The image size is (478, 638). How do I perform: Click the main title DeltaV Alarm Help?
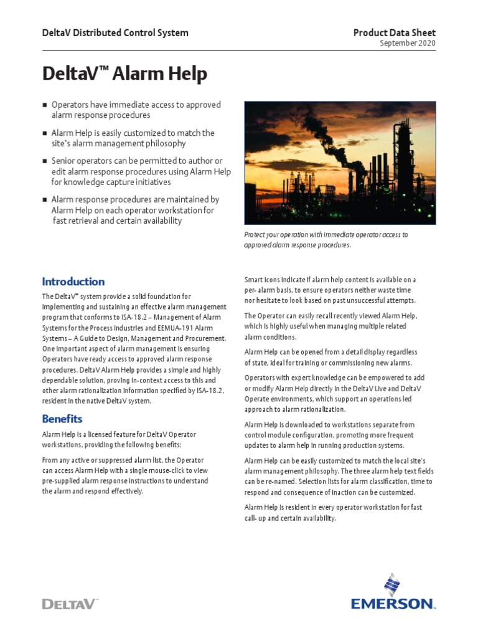124,74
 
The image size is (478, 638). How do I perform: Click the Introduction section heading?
73,282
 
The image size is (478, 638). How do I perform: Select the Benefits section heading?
62,418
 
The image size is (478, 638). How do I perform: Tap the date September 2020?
408,43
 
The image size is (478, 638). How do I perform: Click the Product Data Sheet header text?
395,32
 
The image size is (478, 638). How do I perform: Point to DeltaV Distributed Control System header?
115,32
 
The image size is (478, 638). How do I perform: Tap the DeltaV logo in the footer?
69,603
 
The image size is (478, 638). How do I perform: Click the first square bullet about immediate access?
45,105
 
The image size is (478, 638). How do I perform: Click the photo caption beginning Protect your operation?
326,240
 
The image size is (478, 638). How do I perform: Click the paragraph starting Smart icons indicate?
330,290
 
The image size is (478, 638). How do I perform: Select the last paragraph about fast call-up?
333,513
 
